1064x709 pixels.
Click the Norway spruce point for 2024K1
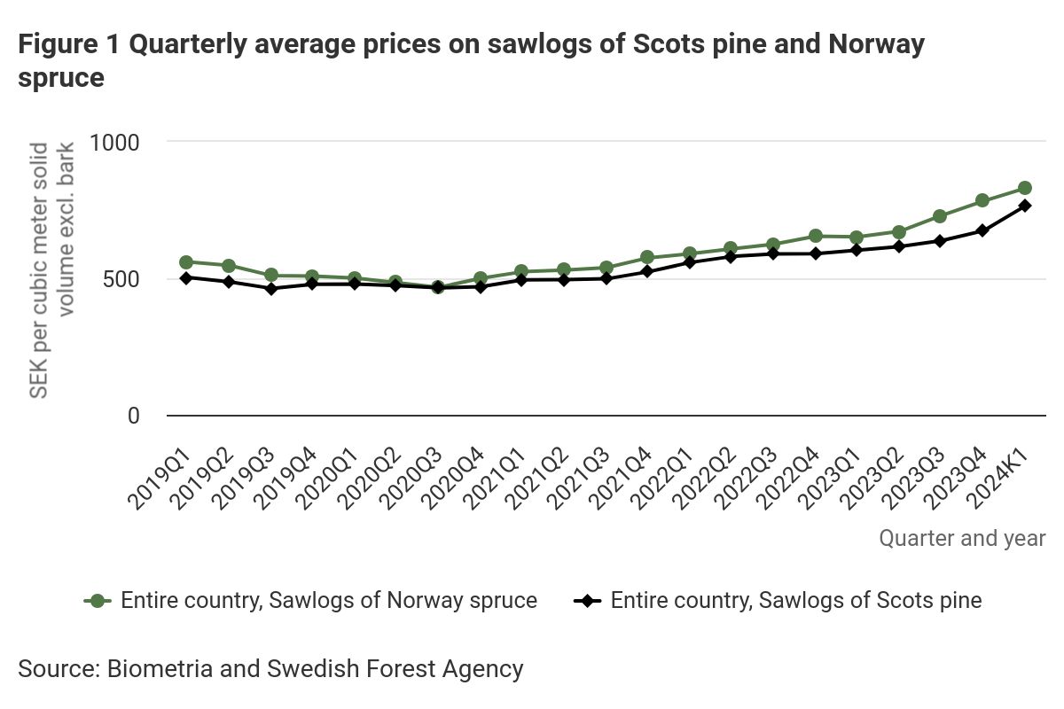tap(1024, 188)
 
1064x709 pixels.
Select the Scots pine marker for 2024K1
tap(1024, 206)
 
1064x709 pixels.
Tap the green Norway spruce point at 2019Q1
tap(186, 262)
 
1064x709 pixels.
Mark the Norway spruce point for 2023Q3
tap(940, 216)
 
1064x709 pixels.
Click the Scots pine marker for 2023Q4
tap(982, 230)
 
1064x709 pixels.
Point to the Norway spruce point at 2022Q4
tap(815, 236)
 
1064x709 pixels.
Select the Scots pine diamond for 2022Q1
tap(689, 262)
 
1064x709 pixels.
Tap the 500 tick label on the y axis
tap(121, 279)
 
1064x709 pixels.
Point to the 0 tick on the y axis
tap(133, 416)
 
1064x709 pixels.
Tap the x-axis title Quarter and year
tap(962, 538)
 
